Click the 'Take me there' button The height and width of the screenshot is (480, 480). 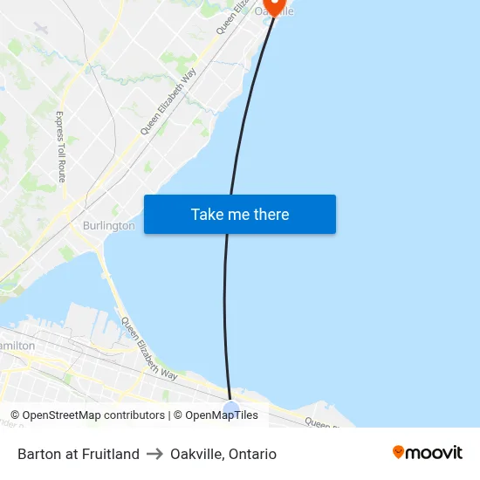pos(239,214)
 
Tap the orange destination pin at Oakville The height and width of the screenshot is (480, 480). pos(275,6)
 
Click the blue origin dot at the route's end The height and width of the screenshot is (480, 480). pos(230,409)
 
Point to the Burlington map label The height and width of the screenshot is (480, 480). pos(108,225)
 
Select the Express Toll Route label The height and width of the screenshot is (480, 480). pos(61,141)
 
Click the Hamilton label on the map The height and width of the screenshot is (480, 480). pos(17,346)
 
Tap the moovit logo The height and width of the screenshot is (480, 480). pos(427,452)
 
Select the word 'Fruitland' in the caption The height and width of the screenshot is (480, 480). pos(110,454)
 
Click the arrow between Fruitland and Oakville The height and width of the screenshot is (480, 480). pos(154,454)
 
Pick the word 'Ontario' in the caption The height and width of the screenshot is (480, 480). pos(251,454)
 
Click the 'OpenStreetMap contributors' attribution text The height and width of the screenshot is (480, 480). pos(93,415)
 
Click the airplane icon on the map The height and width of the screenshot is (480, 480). pos(40,28)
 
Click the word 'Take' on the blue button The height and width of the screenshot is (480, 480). pos(207,214)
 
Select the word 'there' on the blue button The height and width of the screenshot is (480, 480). pos(271,214)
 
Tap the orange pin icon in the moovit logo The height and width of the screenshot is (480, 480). pos(399,452)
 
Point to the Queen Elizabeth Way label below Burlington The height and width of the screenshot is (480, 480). pos(149,349)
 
